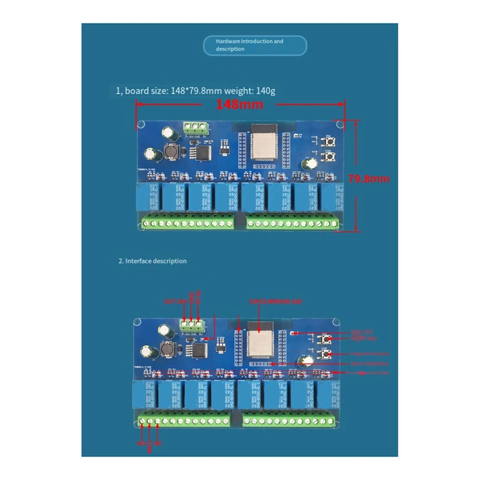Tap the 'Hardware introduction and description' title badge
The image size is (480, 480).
point(254,46)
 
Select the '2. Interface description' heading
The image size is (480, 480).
point(152,261)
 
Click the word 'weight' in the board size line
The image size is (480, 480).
point(242,91)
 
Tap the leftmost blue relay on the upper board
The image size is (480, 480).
point(146,197)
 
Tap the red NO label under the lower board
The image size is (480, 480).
point(142,443)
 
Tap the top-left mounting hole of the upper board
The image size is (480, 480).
point(142,125)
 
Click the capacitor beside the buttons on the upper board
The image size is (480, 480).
point(311,163)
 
